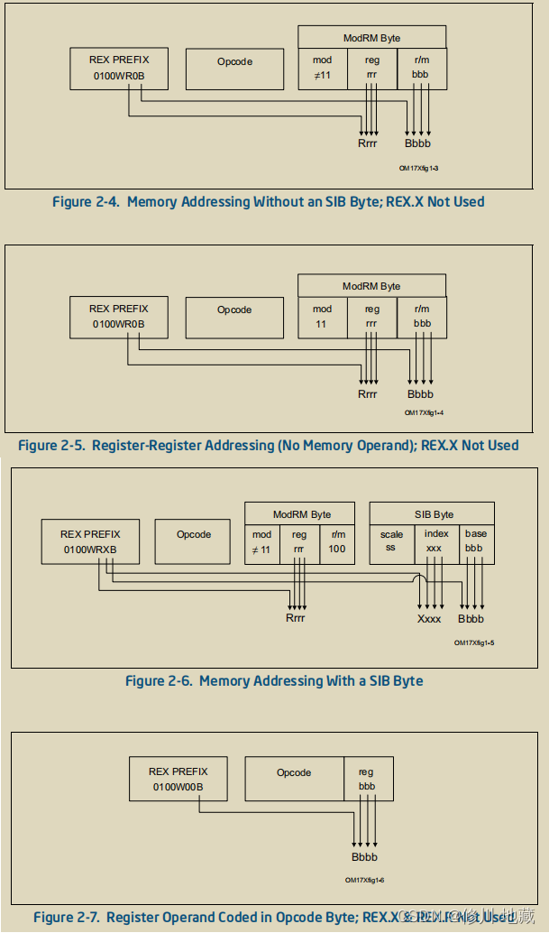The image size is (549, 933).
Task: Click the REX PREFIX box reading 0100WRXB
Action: pyautogui.click(x=89, y=541)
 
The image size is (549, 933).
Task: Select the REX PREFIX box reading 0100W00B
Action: pyautogui.click(x=178, y=779)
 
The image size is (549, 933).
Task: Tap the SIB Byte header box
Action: pyautogui.click(x=432, y=513)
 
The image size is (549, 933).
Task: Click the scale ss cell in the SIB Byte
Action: pyautogui.click(x=391, y=544)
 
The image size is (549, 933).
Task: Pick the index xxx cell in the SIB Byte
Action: pyautogui.click(x=435, y=544)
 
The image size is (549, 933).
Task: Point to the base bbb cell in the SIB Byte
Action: pyautogui.click(x=475, y=544)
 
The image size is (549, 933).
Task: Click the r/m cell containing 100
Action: pyautogui.click(x=337, y=544)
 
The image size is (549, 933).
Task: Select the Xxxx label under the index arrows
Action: pyautogui.click(x=429, y=619)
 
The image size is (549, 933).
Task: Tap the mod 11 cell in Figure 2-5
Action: pyautogui.click(x=322, y=317)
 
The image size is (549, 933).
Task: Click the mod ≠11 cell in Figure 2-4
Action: pyautogui.click(x=322, y=69)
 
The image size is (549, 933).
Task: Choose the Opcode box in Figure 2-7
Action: pyautogui.click(x=294, y=779)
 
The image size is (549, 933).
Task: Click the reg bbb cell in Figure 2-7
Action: pyautogui.click(x=367, y=779)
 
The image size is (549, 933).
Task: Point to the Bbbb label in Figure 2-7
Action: pyautogui.click(x=365, y=857)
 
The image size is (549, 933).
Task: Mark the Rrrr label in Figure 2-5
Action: pyautogui.click(x=368, y=394)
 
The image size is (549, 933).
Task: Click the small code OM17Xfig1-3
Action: pyautogui.click(x=419, y=169)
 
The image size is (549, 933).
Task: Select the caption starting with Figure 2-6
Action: pyautogui.click(x=274, y=681)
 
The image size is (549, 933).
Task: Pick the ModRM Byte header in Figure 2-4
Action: pyautogui.click(x=371, y=38)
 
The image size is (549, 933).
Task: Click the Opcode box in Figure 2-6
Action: pyautogui.click(x=194, y=541)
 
